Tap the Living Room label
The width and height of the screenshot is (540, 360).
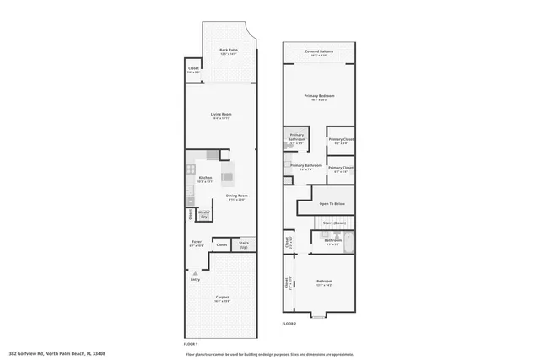point(221,115)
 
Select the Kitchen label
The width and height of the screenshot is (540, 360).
point(205,178)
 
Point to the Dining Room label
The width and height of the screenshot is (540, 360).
point(236,197)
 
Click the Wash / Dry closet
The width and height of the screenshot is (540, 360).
point(203,214)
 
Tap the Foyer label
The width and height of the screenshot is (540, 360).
point(197,243)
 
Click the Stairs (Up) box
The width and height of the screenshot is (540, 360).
point(244,244)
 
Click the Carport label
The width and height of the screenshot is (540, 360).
point(222,298)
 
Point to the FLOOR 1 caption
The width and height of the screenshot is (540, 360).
point(190,344)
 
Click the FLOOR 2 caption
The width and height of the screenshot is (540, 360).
point(289,323)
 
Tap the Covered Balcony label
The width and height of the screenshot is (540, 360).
point(319,52)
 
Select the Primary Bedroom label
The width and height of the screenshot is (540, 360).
point(319,97)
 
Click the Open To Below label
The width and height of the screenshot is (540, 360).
point(331,204)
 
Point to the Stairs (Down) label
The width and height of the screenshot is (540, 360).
point(334,223)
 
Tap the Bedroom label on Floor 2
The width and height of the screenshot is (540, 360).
point(324,282)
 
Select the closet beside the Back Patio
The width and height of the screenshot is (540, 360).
point(193,70)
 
